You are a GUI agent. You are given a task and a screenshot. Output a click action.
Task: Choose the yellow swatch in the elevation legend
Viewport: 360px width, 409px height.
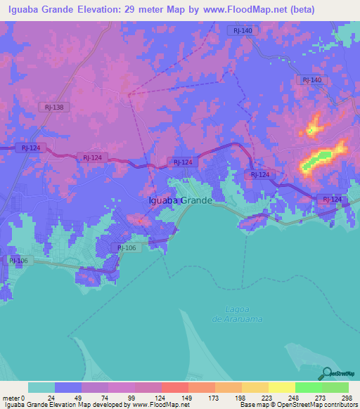coord(281,387)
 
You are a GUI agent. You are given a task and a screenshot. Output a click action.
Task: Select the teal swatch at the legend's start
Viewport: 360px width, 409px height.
coord(41,387)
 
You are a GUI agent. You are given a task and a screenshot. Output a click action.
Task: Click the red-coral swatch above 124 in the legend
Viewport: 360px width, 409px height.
coord(174,387)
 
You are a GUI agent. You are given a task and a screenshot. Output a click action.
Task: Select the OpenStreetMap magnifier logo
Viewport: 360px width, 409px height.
coord(326,372)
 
